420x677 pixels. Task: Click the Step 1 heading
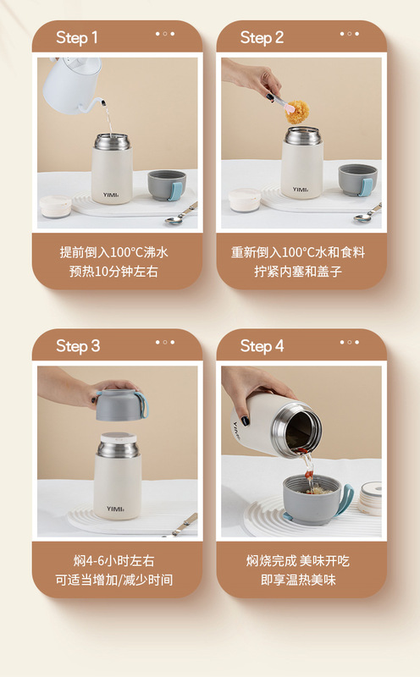click(x=76, y=37)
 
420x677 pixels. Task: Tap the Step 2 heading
click(x=262, y=37)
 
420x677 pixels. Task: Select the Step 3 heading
click(x=78, y=346)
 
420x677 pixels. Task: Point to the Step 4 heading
click(x=262, y=346)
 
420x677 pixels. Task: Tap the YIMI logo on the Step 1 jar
click(x=111, y=195)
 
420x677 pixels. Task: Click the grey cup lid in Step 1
click(x=167, y=184)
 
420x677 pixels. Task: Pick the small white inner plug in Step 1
click(x=55, y=206)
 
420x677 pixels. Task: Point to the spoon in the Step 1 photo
click(x=180, y=215)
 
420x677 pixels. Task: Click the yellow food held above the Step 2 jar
click(x=297, y=112)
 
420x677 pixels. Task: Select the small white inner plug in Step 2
click(x=245, y=200)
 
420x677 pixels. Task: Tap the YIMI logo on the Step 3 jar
click(x=115, y=509)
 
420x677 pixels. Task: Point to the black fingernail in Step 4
click(x=245, y=420)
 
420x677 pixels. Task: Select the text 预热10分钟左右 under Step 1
click(x=113, y=272)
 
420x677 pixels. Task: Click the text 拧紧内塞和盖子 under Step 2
click(x=298, y=272)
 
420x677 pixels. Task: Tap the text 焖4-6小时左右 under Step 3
click(x=113, y=561)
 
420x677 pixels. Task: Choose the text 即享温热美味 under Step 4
click(x=298, y=580)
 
